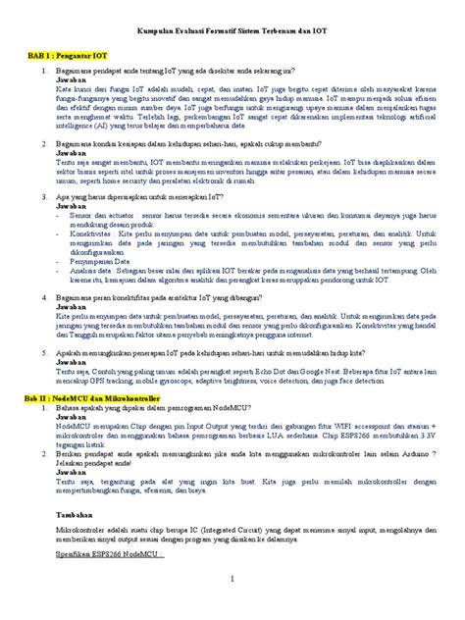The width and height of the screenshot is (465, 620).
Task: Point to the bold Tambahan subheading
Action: pyautogui.click(x=75, y=511)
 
